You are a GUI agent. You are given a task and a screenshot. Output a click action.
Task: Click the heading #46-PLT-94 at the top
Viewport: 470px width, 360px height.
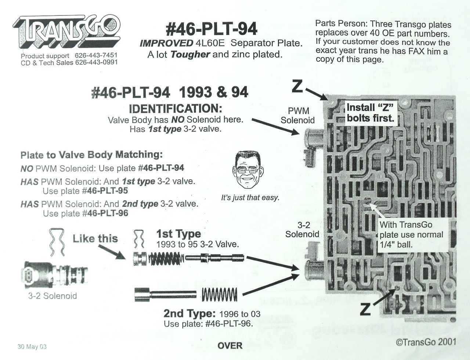211,29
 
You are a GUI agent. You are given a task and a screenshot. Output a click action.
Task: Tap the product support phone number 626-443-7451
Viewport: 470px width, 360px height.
96,55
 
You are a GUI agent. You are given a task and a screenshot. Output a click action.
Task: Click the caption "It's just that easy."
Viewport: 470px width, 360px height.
250,198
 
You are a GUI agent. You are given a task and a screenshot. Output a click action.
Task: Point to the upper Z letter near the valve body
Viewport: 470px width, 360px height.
297,87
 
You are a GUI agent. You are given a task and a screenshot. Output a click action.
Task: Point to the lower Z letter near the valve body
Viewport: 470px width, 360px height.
365,309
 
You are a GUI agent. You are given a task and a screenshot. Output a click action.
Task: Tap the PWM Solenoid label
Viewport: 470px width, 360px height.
298,115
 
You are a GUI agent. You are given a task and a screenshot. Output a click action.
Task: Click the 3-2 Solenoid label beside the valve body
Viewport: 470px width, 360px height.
302,230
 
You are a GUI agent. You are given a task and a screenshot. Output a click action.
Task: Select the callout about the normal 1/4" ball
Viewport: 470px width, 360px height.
411,234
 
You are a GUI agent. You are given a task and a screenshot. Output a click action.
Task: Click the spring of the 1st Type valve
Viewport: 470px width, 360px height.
166,259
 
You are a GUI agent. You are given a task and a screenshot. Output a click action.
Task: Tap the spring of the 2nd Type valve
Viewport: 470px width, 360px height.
220,294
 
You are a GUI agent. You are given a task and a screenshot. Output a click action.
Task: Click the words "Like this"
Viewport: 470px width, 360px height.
95,239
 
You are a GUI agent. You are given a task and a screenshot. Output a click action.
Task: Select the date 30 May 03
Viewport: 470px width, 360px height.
32,347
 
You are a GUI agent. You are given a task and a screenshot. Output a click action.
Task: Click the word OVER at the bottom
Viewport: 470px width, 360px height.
230,346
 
